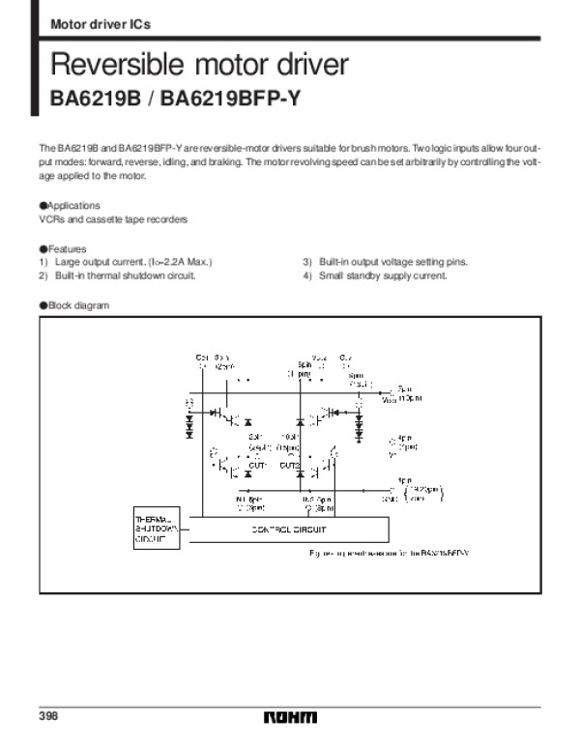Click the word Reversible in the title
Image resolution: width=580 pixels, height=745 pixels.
point(107,66)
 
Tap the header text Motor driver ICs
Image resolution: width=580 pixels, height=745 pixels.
point(100,22)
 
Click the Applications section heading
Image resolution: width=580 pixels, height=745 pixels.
point(70,206)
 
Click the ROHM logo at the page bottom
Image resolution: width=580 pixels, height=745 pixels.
point(290,718)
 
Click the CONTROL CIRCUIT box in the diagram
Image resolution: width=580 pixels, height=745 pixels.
point(290,530)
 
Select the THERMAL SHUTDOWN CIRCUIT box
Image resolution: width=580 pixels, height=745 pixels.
point(154,530)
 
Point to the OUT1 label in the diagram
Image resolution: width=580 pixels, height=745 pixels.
point(257,465)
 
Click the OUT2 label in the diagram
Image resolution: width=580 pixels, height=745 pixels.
point(288,465)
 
